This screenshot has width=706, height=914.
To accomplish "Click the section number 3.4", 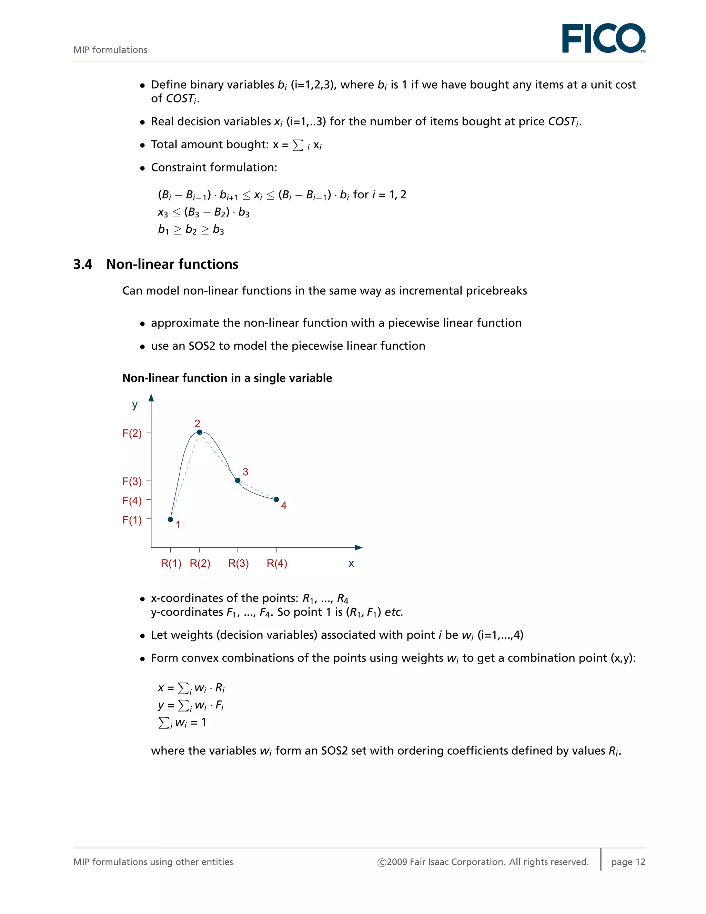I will click(x=83, y=265).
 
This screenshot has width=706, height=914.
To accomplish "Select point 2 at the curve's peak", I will click(x=200, y=432).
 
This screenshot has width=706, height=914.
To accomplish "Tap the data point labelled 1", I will click(x=170, y=519).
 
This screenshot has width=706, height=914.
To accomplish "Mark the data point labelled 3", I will click(x=238, y=480).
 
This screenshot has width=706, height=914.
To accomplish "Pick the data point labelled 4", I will click(x=276, y=499).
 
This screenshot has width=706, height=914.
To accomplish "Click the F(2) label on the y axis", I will click(x=132, y=433).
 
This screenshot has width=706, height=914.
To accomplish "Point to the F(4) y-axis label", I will click(x=132, y=500).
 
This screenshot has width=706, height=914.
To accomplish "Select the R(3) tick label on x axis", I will click(x=239, y=563).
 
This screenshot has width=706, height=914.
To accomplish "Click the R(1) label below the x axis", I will click(x=171, y=563).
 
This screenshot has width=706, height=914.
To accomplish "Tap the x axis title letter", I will click(x=351, y=564).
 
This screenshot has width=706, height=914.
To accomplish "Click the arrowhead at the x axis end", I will click(x=359, y=547).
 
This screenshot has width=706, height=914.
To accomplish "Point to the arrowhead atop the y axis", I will click(x=151, y=398).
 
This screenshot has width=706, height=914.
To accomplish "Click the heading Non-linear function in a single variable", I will click(x=227, y=378).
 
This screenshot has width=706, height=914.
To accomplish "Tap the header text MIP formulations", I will click(x=110, y=50).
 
